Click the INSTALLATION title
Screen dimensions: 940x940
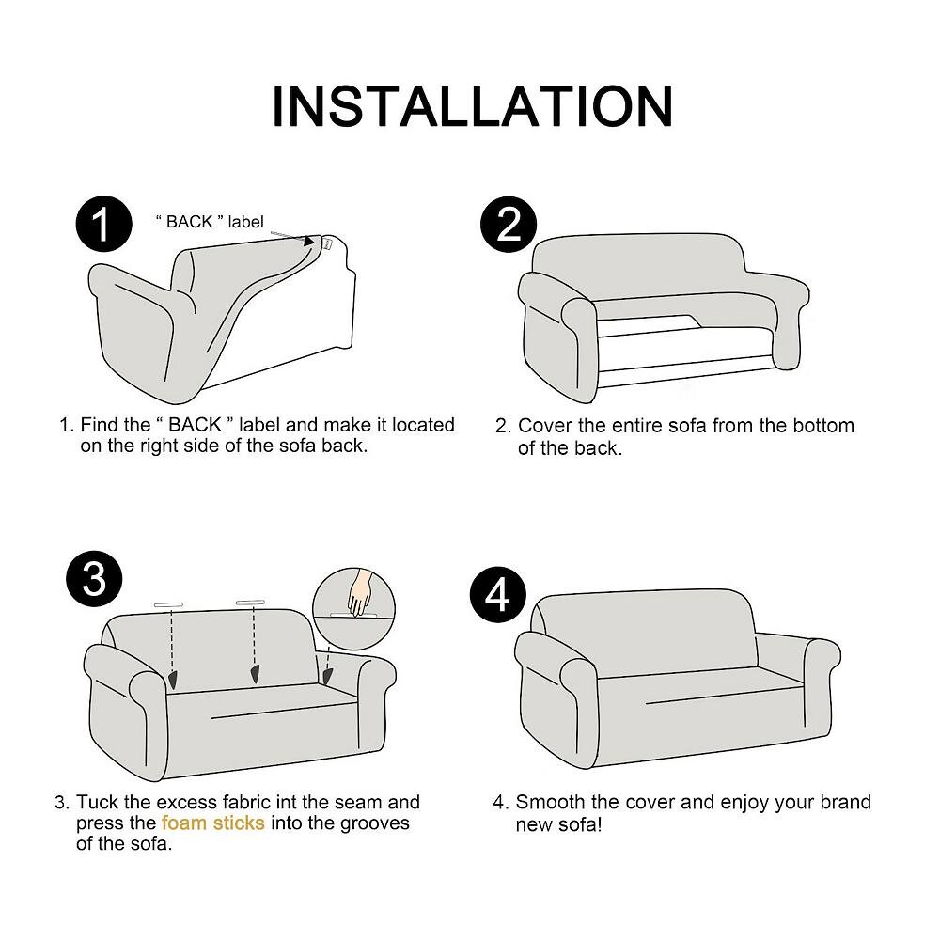(473, 106)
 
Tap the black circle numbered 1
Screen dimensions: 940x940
(103, 225)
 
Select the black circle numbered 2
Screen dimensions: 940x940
(509, 225)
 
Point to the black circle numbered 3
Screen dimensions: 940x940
(94, 579)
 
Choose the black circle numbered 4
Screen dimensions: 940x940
(497, 595)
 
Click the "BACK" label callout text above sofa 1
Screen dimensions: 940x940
(210, 222)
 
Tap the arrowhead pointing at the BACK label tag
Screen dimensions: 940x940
(308, 241)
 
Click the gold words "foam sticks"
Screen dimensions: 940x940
(212, 822)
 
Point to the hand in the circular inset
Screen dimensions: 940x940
(360, 592)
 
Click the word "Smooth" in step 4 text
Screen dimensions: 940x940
(550, 802)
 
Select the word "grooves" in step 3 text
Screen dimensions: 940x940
(375, 823)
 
